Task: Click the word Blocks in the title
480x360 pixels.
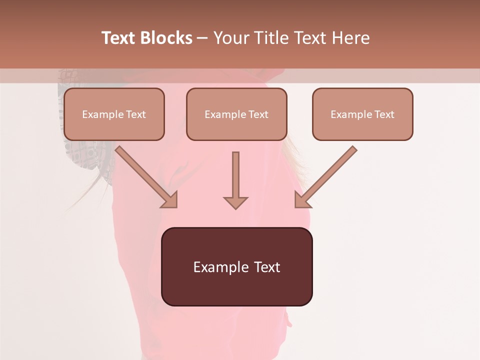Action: click(x=166, y=38)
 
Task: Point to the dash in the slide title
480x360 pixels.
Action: click(x=202, y=38)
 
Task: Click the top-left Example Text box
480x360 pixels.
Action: click(x=114, y=114)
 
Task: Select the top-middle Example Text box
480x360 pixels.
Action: click(x=236, y=114)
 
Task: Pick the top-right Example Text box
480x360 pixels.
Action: click(x=362, y=114)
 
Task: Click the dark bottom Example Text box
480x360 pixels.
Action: click(x=236, y=266)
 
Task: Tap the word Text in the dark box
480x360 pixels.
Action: click(x=267, y=267)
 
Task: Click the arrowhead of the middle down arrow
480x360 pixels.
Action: click(x=235, y=202)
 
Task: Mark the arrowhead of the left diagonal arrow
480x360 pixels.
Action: click(x=170, y=200)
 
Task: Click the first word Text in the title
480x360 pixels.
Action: click(x=119, y=38)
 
